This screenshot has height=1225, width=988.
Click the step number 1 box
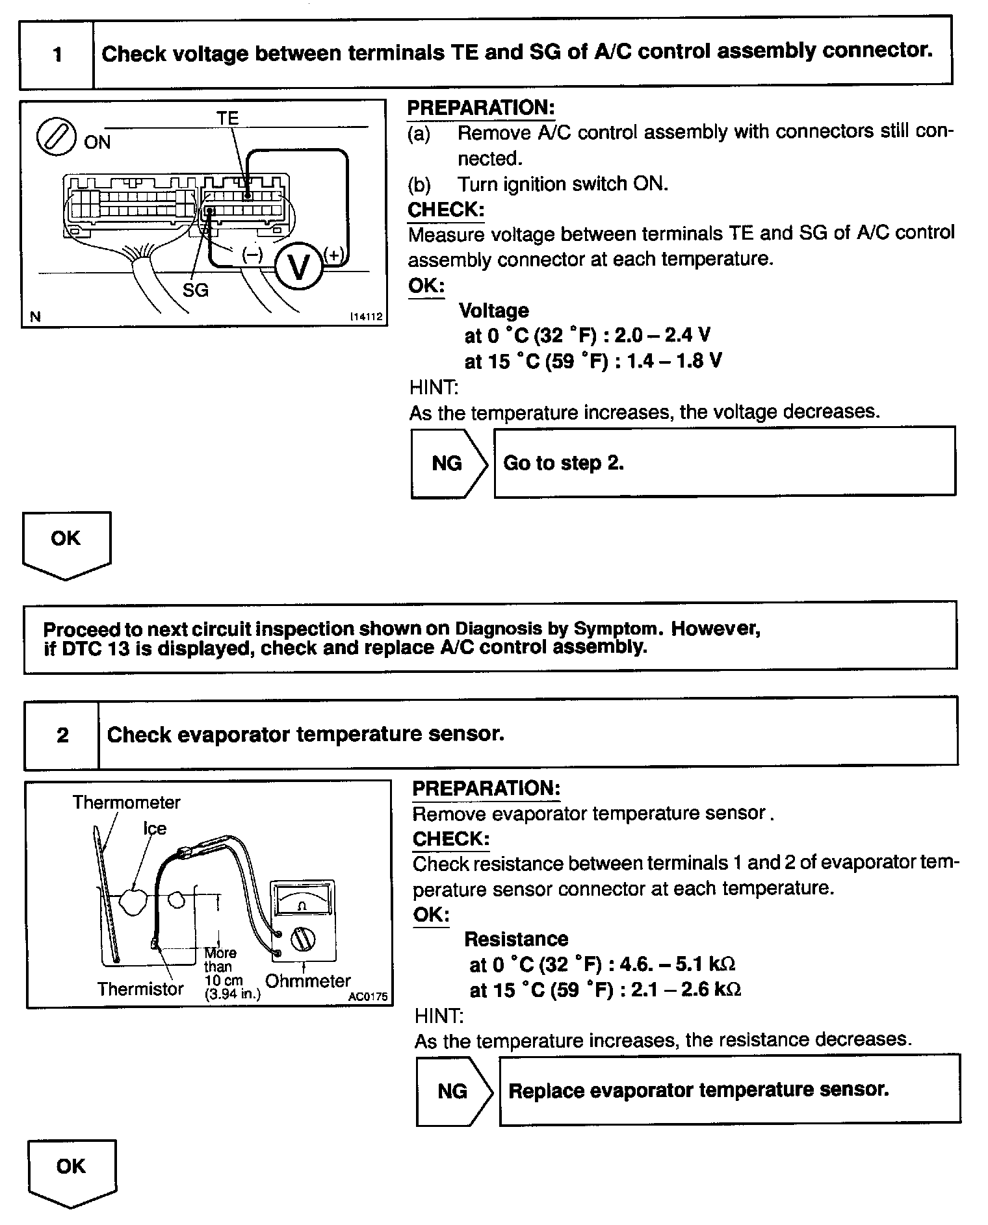coord(57,54)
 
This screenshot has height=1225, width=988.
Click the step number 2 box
coord(62,735)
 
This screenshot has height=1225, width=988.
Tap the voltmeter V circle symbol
coord(298,266)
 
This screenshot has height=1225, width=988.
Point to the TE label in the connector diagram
coord(227,118)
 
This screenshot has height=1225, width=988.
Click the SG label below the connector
coord(195,290)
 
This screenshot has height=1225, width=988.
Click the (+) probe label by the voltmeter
coord(334,255)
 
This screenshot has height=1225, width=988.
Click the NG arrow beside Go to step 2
coord(448,463)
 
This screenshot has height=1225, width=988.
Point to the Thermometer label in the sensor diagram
coord(126,803)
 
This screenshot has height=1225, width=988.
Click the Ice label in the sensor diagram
coord(155,829)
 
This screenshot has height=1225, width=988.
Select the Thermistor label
coord(140,989)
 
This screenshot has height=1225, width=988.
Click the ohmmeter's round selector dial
coord(304,939)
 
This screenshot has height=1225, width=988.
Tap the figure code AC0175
coord(367,996)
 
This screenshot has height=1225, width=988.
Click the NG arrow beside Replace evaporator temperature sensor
coord(452,1091)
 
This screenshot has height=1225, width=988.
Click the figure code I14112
coord(366,317)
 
